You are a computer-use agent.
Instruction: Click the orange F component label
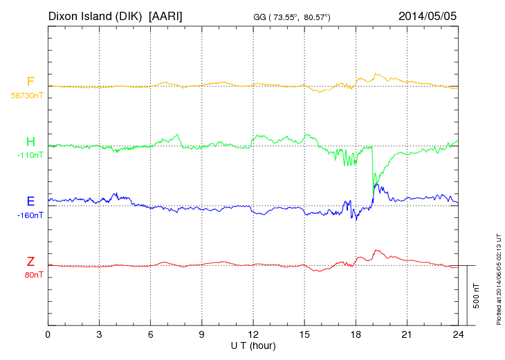tap(30, 82)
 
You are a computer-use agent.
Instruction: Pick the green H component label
tap(30, 143)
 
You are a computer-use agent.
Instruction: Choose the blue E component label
tap(30, 201)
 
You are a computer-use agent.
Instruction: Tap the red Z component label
tap(30, 261)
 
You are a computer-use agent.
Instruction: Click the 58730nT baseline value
tap(26, 96)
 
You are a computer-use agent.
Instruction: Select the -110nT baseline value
tap(30, 156)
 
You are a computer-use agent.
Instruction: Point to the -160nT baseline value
tap(30, 215)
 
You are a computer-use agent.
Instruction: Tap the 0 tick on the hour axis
tap(48, 334)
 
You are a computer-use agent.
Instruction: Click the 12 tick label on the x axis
tap(252, 334)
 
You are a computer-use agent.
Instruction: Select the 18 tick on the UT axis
tap(356, 334)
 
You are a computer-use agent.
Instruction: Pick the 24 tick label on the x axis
tap(458, 334)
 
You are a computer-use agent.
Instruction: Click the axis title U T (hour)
tap(253, 345)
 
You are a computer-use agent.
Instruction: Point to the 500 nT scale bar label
tap(477, 296)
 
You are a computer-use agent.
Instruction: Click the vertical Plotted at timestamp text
tap(498, 277)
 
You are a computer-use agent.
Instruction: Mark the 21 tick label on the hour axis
tap(407, 334)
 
